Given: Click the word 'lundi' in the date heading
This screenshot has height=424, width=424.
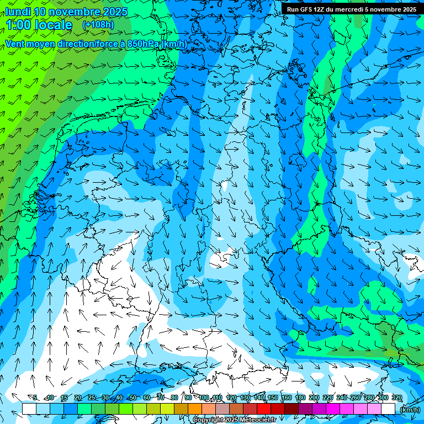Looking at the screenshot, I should pyautogui.click(x=18, y=12).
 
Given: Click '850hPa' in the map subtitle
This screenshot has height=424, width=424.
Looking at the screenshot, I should pyautogui.click(x=139, y=44).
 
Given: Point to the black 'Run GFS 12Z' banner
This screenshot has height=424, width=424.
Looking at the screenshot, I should pyautogui.click(x=352, y=9).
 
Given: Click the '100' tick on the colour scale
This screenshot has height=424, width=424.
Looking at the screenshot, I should pyautogui.click(x=204, y=397).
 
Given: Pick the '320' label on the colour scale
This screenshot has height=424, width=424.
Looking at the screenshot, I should pyautogui.click(x=396, y=397).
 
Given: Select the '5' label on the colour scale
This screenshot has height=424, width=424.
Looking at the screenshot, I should pyautogui.click(x=35, y=397).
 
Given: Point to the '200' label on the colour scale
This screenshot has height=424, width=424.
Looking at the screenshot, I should pyautogui.click(x=314, y=397).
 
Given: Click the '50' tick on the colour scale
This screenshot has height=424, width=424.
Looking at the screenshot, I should pyautogui.click(x=133, y=397).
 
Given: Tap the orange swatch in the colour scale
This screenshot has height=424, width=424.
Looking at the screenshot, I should pyautogui.click(x=195, y=409).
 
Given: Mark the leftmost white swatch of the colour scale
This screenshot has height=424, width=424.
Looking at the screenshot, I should pyautogui.click(x=29, y=409).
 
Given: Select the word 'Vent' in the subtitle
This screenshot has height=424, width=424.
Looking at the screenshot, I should pyautogui.click(x=16, y=44).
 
